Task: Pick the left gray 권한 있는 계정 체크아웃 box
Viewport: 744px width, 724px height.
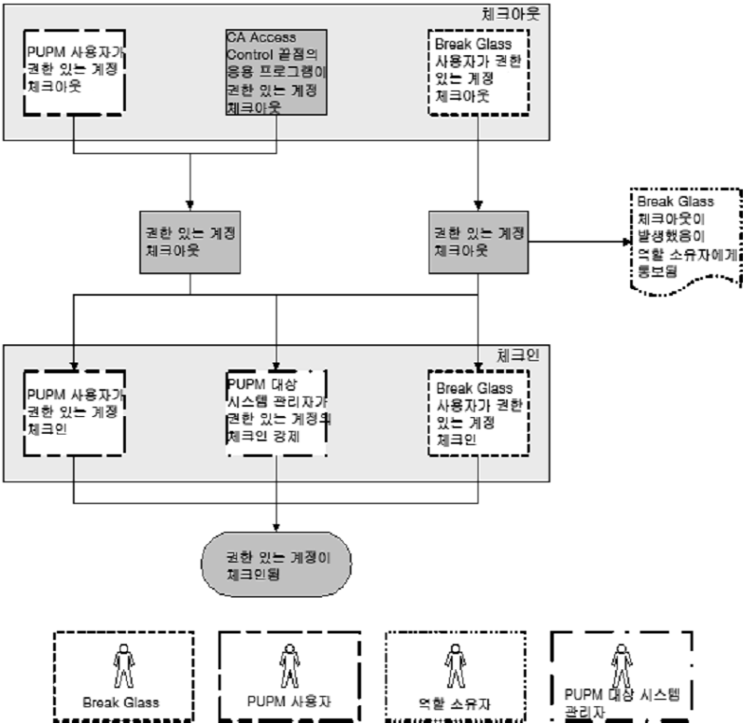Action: coord(190,241)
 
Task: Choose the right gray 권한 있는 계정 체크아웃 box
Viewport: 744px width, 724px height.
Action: coord(479,241)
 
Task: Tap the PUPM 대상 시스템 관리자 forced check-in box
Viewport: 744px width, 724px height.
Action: coord(276,411)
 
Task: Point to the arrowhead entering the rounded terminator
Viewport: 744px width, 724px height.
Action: coord(276,530)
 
